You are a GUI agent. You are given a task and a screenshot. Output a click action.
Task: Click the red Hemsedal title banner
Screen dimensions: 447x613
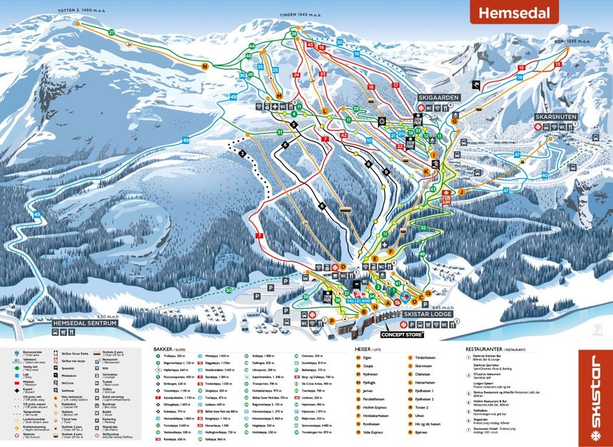click(513, 12)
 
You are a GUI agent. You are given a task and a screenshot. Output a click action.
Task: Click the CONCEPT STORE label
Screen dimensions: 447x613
click(403, 334)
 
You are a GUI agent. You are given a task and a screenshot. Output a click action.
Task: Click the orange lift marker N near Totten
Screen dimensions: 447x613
click(205, 66)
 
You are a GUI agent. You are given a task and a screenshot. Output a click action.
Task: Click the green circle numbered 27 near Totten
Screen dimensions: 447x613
click(111, 33)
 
